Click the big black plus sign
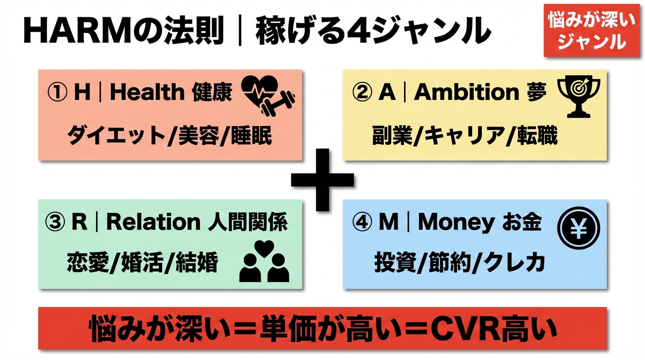pos(322,180)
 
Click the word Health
pos(147,92)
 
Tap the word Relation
pos(153,222)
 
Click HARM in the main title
pos(76,31)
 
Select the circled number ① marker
pos(57,92)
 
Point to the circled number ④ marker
pos(361,222)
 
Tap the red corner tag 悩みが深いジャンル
pos(592,31)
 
